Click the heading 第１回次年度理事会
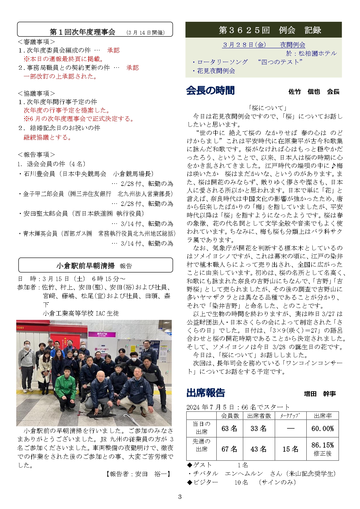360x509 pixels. (x=82, y=32)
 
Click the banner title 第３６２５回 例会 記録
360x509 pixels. (x=270, y=30)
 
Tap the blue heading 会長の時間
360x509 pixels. (x=210, y=90)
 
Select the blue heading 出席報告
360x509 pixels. (x=206, y=393)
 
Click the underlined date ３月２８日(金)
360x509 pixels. (x=244, y=45)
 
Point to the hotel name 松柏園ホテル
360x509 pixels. (x=318, y=53)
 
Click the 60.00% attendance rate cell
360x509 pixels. (x=322, y=428)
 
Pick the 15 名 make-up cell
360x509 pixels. (x=290, y=449)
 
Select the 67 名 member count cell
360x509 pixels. (x=229, y=449)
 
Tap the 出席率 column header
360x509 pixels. (x=323, y=416)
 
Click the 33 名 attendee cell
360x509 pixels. (x=258, y=428)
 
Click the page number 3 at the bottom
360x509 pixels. (x=180, y=497)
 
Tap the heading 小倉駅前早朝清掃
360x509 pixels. (x=86, y=266)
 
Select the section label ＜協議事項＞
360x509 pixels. (x=36, y=93)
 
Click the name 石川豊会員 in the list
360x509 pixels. (x=39, y=174)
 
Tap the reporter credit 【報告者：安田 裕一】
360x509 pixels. (x=139, y=474)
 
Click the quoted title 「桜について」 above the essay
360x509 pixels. (x=267, y=108)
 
